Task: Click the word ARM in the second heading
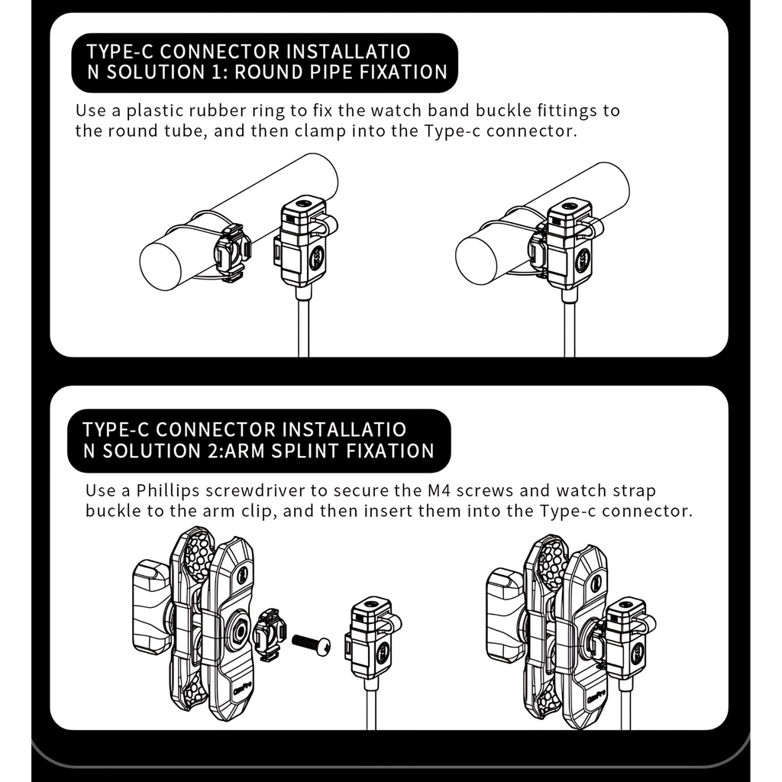point(244,451)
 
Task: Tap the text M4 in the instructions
point(439,491)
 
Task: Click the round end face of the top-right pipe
point(477,260)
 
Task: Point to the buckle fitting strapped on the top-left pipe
point(232,254)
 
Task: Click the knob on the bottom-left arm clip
point(151,606)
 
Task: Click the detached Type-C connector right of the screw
point(373,638)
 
